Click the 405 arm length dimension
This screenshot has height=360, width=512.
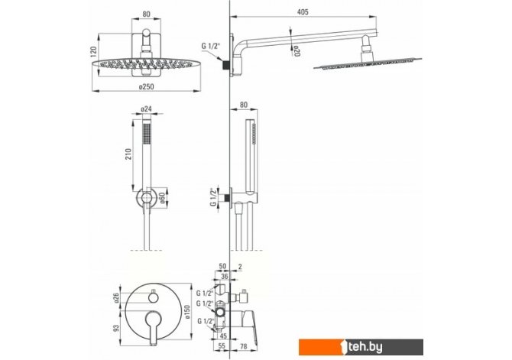pos(303,12)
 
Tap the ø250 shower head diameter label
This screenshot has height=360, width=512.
pos(146,86)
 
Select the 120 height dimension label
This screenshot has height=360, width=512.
pos(93,52)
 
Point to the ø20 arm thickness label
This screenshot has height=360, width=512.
pos(297,51)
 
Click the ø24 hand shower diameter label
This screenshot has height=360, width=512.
pos(146,109)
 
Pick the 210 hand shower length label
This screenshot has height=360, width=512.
pos(128,154)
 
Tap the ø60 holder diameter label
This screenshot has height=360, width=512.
pos(162,199)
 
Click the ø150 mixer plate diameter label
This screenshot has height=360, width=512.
pos(186,312)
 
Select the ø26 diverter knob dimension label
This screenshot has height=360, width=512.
pos(117,298)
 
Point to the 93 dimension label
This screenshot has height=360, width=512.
pos(116,329)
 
